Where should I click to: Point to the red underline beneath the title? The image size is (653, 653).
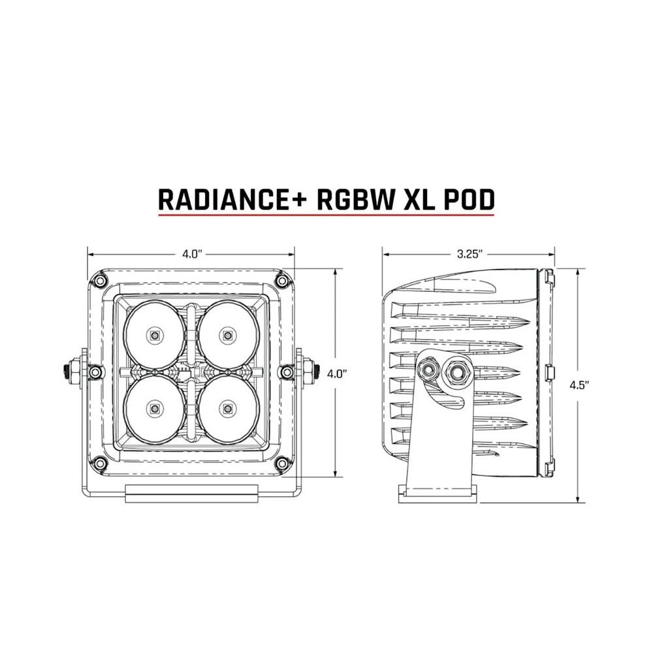[326, 213]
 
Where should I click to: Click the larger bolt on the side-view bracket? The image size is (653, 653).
[453, 372]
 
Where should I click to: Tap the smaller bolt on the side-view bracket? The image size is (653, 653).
[430, 370]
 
